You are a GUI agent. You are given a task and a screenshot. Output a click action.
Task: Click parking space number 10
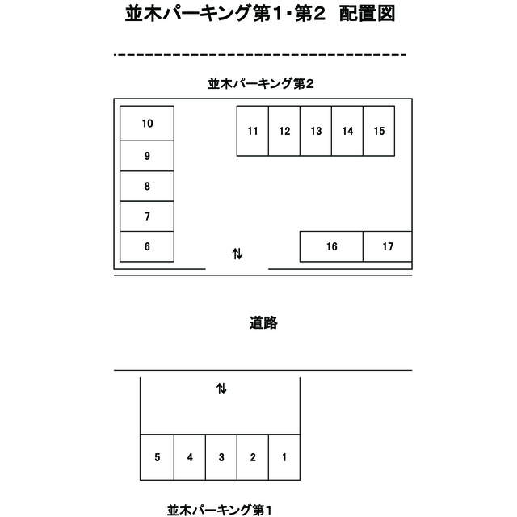click(x=147, y=124)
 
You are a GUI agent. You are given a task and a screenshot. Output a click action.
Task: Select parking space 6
click(x=147, y=246)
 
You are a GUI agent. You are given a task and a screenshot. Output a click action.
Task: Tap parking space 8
click(x=147, y=187)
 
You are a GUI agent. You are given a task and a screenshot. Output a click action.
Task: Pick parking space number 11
click(x=253, y=131)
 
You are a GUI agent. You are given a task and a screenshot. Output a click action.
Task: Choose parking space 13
click(x=316, y=131)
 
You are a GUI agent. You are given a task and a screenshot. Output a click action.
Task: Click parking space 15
click(x=379, y=131)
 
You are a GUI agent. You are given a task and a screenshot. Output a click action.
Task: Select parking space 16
click(x=331, y=246)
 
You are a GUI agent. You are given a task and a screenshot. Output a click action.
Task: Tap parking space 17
click(x=388, y=246)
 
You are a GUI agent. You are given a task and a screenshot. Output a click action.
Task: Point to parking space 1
click(x=284, y=457)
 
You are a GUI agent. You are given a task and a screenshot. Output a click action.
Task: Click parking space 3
click(x=221, y=457)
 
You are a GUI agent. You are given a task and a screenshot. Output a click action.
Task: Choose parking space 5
click(x=157, y=457)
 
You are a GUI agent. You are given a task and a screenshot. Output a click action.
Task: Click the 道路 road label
click(x=263, y=323)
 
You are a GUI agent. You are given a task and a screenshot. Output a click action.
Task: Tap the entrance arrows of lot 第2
click(x=237, y=254)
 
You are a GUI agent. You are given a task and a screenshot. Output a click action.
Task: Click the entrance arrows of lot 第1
click(x=221, y=389)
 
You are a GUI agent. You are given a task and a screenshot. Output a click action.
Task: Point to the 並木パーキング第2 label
click(x=260, y=84)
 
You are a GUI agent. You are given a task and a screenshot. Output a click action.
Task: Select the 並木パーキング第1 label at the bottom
click(x=220, y=510)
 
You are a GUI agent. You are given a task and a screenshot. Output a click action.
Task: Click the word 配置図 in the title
click(x=367, y=14)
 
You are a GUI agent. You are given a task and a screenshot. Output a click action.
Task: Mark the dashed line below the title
click(x=260, y=55)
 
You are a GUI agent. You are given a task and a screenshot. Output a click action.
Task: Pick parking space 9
click(x=147, y=156)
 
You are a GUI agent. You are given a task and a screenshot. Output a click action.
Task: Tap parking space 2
click(x=253, y=457)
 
